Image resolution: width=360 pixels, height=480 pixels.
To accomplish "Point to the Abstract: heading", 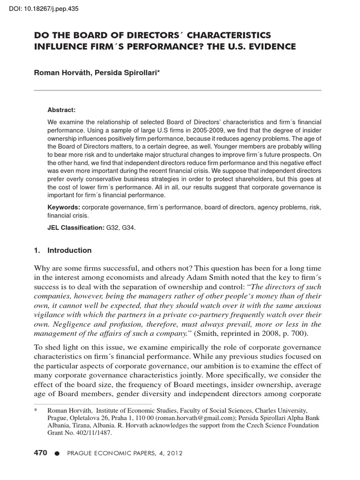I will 61,110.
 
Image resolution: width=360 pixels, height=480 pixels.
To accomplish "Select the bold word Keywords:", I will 63,207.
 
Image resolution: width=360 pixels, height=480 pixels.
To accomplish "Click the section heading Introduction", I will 69,250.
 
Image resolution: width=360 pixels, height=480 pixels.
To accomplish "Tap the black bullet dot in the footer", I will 57,453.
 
